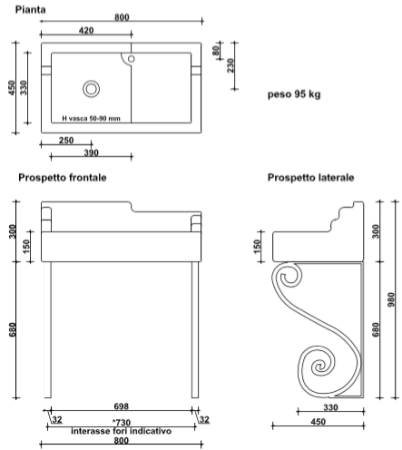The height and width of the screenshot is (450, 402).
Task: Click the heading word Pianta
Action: coord(31,10)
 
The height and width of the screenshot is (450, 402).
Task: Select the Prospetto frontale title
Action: coord(63,178)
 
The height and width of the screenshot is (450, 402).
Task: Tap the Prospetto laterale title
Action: coord(310,178)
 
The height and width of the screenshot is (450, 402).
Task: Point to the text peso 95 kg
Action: coord(294,94)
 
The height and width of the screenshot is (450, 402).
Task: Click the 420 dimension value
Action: coord(86,30)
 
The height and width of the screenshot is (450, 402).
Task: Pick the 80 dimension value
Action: coord(215,51)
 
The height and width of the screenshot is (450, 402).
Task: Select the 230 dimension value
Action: coord(230,65)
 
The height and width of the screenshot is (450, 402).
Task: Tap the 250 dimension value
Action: coord(66,141)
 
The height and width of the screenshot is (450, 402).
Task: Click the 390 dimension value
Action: coord(91,152)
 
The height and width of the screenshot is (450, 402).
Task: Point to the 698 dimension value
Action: coord(122,406)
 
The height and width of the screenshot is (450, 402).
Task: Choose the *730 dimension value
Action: coord(122,422)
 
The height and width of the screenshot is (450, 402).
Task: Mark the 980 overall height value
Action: coord(391,299)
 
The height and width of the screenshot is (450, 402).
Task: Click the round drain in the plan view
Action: coord(91,89)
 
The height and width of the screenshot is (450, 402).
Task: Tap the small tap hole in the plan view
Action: coord(131,59)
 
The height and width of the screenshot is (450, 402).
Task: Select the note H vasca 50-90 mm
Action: coord(91,119)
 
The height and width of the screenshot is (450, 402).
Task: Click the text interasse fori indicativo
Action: coord(122,431)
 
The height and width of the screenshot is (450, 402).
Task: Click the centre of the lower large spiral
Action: coord(319,367)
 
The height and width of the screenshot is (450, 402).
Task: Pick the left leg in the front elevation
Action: coord(47,329)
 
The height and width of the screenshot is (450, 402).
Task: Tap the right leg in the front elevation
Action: coord(195,329)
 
